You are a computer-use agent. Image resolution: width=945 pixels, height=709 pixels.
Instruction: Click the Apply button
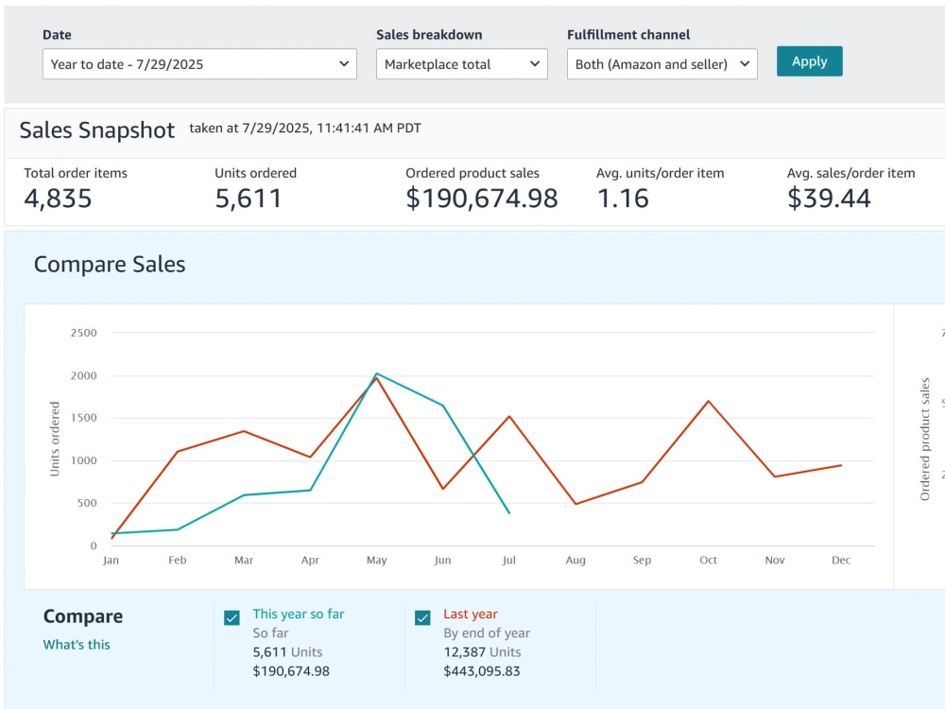(x=809, y=61)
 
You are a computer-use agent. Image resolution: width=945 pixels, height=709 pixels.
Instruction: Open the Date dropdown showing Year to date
(x=199, y=64)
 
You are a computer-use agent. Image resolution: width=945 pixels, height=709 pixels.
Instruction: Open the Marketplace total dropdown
(x=462, y=64)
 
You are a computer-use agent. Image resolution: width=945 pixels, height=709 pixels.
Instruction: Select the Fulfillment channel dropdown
(x=661, y=64)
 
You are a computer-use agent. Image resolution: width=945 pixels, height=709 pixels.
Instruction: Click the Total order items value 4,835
(x=58, y=199)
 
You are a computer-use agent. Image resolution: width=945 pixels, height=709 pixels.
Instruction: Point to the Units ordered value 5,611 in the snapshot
(x=249, y=199)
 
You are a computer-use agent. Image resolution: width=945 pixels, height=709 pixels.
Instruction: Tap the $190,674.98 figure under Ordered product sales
(x=482, y=199)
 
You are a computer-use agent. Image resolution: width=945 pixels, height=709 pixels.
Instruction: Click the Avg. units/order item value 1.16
(x=623, y=199)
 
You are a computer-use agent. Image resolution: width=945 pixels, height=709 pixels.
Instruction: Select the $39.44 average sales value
(x=829, y=199)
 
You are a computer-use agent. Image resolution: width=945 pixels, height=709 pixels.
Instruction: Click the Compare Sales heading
(x=110, y=264)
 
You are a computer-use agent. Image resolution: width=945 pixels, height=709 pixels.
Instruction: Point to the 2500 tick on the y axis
(x=84, y=333)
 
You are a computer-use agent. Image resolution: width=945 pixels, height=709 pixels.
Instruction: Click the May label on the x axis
(x=377, y=560)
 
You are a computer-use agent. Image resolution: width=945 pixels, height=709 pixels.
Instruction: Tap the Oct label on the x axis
(x=708, y=560)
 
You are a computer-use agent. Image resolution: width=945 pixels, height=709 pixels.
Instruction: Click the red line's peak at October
(x=708, y=401)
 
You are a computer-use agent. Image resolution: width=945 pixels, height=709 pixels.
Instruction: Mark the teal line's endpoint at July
(x=509, y=513)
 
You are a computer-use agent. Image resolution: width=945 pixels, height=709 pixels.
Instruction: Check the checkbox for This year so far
(x=232, y=618)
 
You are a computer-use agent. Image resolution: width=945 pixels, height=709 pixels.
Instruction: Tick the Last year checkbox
(x=422, y=618)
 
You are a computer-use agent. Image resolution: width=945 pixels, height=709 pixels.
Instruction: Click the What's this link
(x=77, y=645)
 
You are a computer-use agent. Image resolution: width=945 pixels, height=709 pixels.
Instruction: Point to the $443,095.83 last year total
(x=482, y=671)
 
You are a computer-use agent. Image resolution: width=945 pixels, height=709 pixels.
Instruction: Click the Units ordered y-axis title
(x=55, y=439)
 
